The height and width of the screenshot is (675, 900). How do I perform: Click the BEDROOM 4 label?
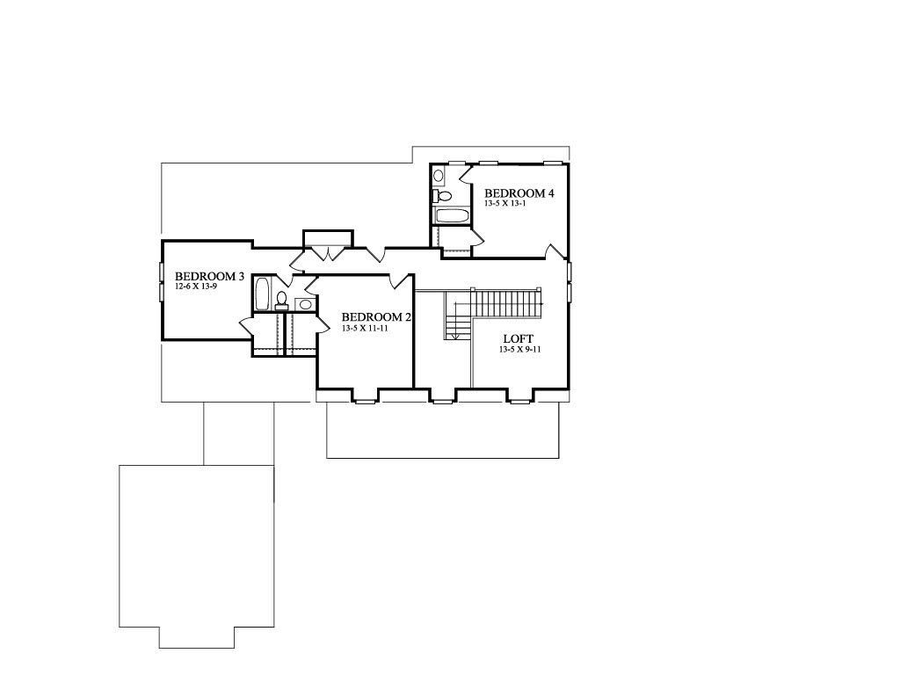coord(519,193)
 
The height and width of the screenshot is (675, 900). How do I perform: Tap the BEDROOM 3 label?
coord(209,277)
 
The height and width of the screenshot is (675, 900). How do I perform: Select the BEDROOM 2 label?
coord(376,317)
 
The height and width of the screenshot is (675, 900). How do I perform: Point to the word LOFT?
coord(519,338)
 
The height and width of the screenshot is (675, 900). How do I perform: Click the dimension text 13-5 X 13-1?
coord(505,203)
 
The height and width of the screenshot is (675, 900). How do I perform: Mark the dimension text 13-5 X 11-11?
coord(365,329)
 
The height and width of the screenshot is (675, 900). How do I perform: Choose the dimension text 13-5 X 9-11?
coord(520,349)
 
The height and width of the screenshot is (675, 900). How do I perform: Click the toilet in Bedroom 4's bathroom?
coord(442,196)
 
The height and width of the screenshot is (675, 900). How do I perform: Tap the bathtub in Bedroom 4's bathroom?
coord(453,216)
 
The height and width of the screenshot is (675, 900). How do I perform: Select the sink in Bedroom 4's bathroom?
coord(438,176)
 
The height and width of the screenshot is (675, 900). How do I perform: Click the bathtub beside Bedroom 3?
coord(262,294)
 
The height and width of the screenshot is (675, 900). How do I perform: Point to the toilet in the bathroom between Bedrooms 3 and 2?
coord(281,301)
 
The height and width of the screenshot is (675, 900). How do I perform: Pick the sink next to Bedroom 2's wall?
coord(306,304)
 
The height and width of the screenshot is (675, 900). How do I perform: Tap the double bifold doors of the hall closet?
coord(327,252)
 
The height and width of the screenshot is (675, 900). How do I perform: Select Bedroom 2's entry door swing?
coord(398,281)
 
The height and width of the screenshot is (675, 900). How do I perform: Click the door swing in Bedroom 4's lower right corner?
coord(555,250)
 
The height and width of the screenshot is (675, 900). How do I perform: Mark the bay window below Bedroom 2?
coord(365,396)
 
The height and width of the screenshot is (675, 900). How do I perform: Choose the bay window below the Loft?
coord(520,396)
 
